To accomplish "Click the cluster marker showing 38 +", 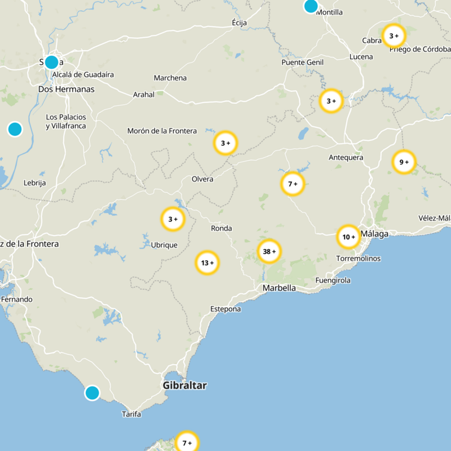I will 269,251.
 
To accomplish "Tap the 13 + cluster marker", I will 207,263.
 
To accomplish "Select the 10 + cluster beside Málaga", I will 348,237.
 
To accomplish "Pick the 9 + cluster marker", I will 404,162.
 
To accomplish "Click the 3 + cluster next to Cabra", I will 393,36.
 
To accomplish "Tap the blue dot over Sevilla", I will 51,62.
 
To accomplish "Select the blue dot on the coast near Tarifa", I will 92,392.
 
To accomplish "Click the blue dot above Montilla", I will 311,6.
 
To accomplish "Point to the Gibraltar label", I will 184,386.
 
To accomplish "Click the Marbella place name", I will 279,288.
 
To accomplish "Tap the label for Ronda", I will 221,228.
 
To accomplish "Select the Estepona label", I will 225,309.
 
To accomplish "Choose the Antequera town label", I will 346,157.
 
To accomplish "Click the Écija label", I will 240,23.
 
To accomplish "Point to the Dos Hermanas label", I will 66,89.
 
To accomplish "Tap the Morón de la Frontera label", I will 162,131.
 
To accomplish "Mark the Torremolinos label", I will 358,258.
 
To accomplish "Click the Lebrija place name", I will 34,183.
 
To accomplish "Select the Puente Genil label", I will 302,62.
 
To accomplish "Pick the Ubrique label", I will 164,245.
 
